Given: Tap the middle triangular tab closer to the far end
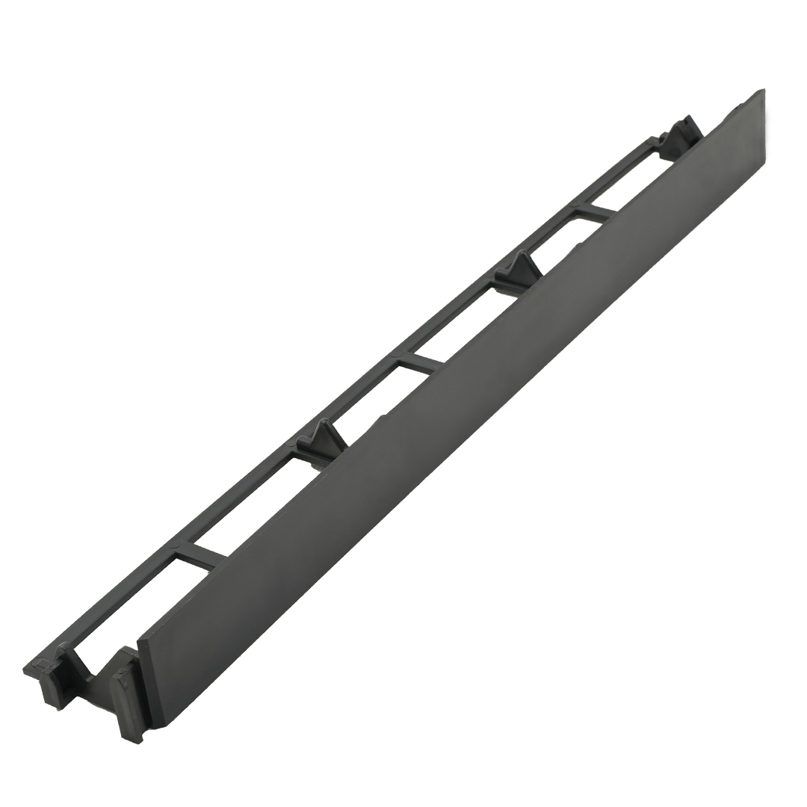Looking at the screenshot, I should [520, 268].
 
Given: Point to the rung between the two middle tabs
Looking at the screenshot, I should [420, 363].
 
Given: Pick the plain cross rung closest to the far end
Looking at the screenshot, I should [596, 212].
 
